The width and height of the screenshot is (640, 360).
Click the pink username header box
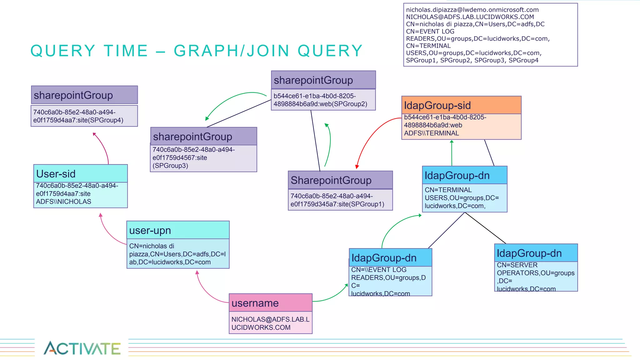(x=270, y=302)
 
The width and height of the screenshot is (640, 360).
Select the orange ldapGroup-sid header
(x=461, y=105)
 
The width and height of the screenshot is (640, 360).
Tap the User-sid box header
(x=80, y=173)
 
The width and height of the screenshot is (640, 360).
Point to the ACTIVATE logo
(x=82, y=348)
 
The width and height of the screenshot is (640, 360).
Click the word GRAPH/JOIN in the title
(x=231, y=51)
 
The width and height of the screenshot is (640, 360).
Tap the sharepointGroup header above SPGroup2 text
(x=323, y=80)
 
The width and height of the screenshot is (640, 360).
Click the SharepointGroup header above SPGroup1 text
(x=340, y=180)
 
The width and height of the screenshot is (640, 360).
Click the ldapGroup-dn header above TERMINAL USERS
(x=464, y=175)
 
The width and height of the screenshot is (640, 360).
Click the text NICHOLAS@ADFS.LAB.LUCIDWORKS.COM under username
(x=270, y=323)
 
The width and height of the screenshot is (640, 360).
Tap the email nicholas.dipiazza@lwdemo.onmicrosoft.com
(x=472, y=10)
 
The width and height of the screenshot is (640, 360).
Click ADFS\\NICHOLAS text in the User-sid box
(x=63, y=202)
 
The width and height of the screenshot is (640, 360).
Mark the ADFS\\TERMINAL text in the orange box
(x=431, y=133)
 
